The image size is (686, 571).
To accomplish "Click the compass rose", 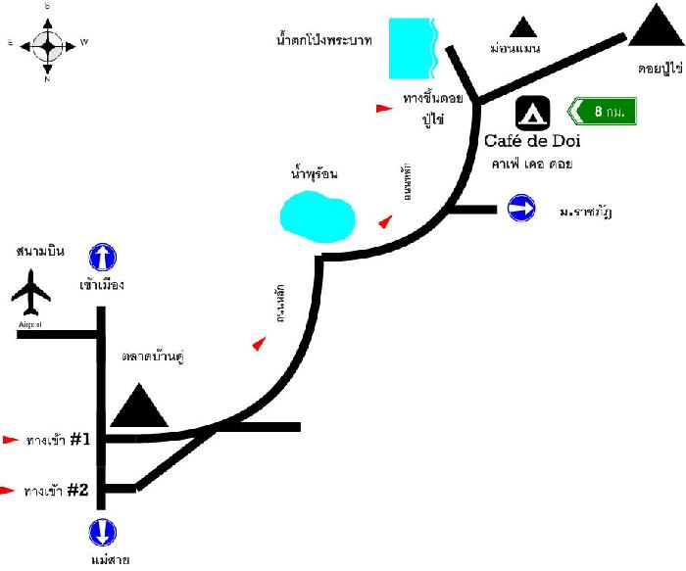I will pos(47,43).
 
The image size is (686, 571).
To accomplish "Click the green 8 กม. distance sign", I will pos(605,111).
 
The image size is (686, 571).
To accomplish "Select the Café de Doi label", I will pos(533,141).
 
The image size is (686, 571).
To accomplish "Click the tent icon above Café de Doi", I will pos(533,112).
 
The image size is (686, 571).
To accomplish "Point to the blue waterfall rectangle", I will pos(411,49).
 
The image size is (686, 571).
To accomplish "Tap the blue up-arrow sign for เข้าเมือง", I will pos(103,258).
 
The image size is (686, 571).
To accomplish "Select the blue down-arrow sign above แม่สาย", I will pos(103,533).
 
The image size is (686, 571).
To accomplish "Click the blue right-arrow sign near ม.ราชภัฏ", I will pos(521,208).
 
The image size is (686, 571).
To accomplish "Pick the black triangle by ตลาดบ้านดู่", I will pos(139,406).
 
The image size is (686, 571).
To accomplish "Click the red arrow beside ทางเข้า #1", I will pos(12,440).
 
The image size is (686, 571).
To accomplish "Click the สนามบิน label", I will pos(40,252).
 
